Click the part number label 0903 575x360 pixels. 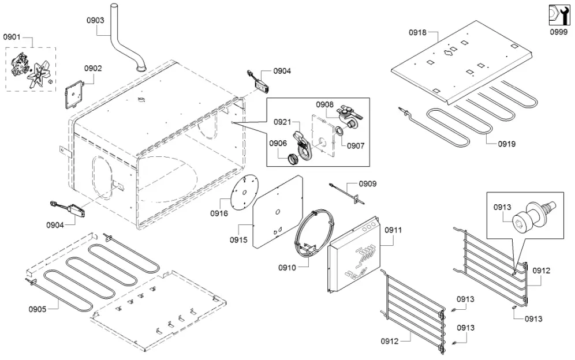(x=95, y=20)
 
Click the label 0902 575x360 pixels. (x=93, y=68)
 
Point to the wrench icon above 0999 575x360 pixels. (x=557, y=14)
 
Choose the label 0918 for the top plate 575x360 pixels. (x=417, y=32)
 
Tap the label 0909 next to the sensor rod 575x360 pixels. (x=368, y=184)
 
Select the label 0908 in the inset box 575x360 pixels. (x=324, y=105)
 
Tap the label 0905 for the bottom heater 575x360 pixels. (x=38, y=309)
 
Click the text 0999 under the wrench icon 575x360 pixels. (x=558, y=33)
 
